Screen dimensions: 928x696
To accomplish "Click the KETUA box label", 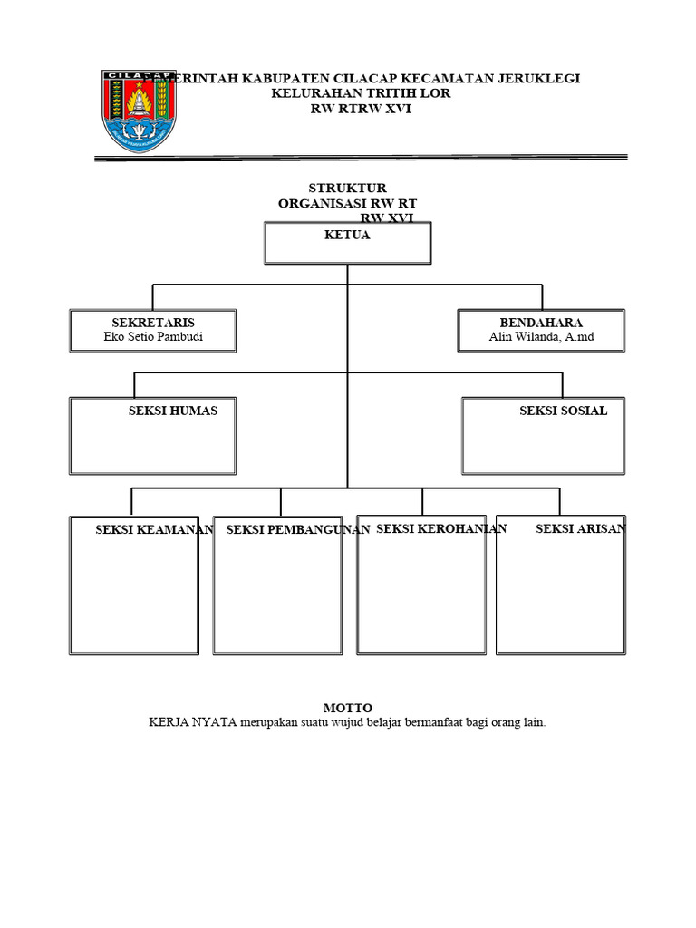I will [347, 235].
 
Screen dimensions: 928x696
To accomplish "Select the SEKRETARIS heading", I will [153, 323].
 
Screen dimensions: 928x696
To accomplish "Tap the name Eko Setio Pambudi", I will [153, 338].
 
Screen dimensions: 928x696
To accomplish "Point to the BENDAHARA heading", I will [541, 323].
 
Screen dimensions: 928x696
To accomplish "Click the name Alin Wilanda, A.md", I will [541, 338].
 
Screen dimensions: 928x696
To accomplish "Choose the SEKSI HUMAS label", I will [173, 411].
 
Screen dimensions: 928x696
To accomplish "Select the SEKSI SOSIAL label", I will [563, 411].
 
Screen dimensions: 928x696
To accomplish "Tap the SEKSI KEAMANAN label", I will [154, 530].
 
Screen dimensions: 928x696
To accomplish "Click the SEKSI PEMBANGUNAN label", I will [298, 530].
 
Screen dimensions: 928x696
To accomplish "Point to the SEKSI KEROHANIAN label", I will [441, 528].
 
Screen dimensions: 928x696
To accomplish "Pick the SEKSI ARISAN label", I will [580, 528].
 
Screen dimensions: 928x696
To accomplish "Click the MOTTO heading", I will [348, 708].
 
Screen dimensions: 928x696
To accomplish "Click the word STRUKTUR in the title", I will [347, 188].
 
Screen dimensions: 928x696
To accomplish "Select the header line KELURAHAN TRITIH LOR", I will [361, 93].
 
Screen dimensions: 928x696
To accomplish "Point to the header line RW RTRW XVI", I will [361, 109].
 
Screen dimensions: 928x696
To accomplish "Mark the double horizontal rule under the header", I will [361, 158].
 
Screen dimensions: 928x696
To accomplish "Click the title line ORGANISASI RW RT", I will [347, 204].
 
